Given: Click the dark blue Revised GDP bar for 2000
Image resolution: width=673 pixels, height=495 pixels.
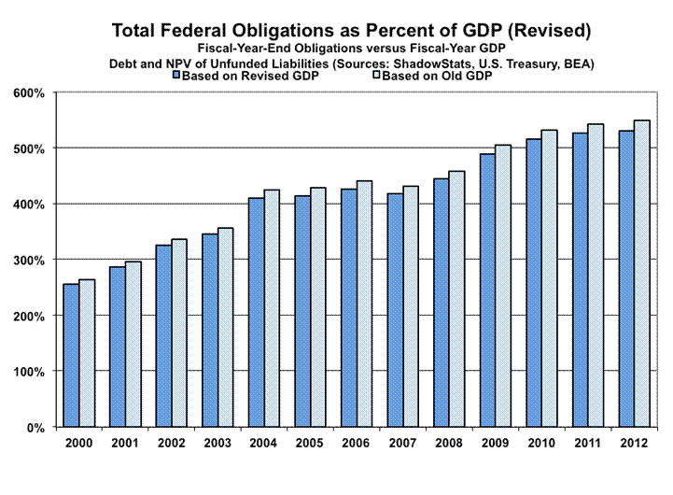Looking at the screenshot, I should (71, 355).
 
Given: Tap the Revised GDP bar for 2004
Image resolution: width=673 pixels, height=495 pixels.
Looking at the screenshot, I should (255, 312).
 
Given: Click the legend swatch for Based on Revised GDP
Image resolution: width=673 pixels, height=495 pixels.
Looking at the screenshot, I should (176, 77).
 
